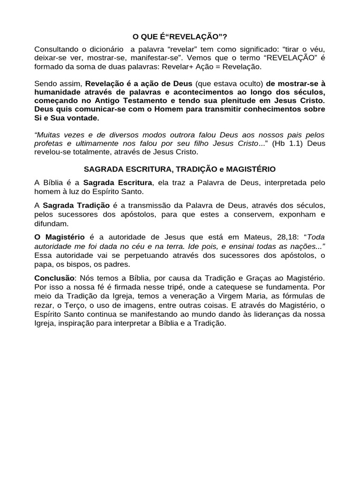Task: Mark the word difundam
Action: [x=49, y=223]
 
